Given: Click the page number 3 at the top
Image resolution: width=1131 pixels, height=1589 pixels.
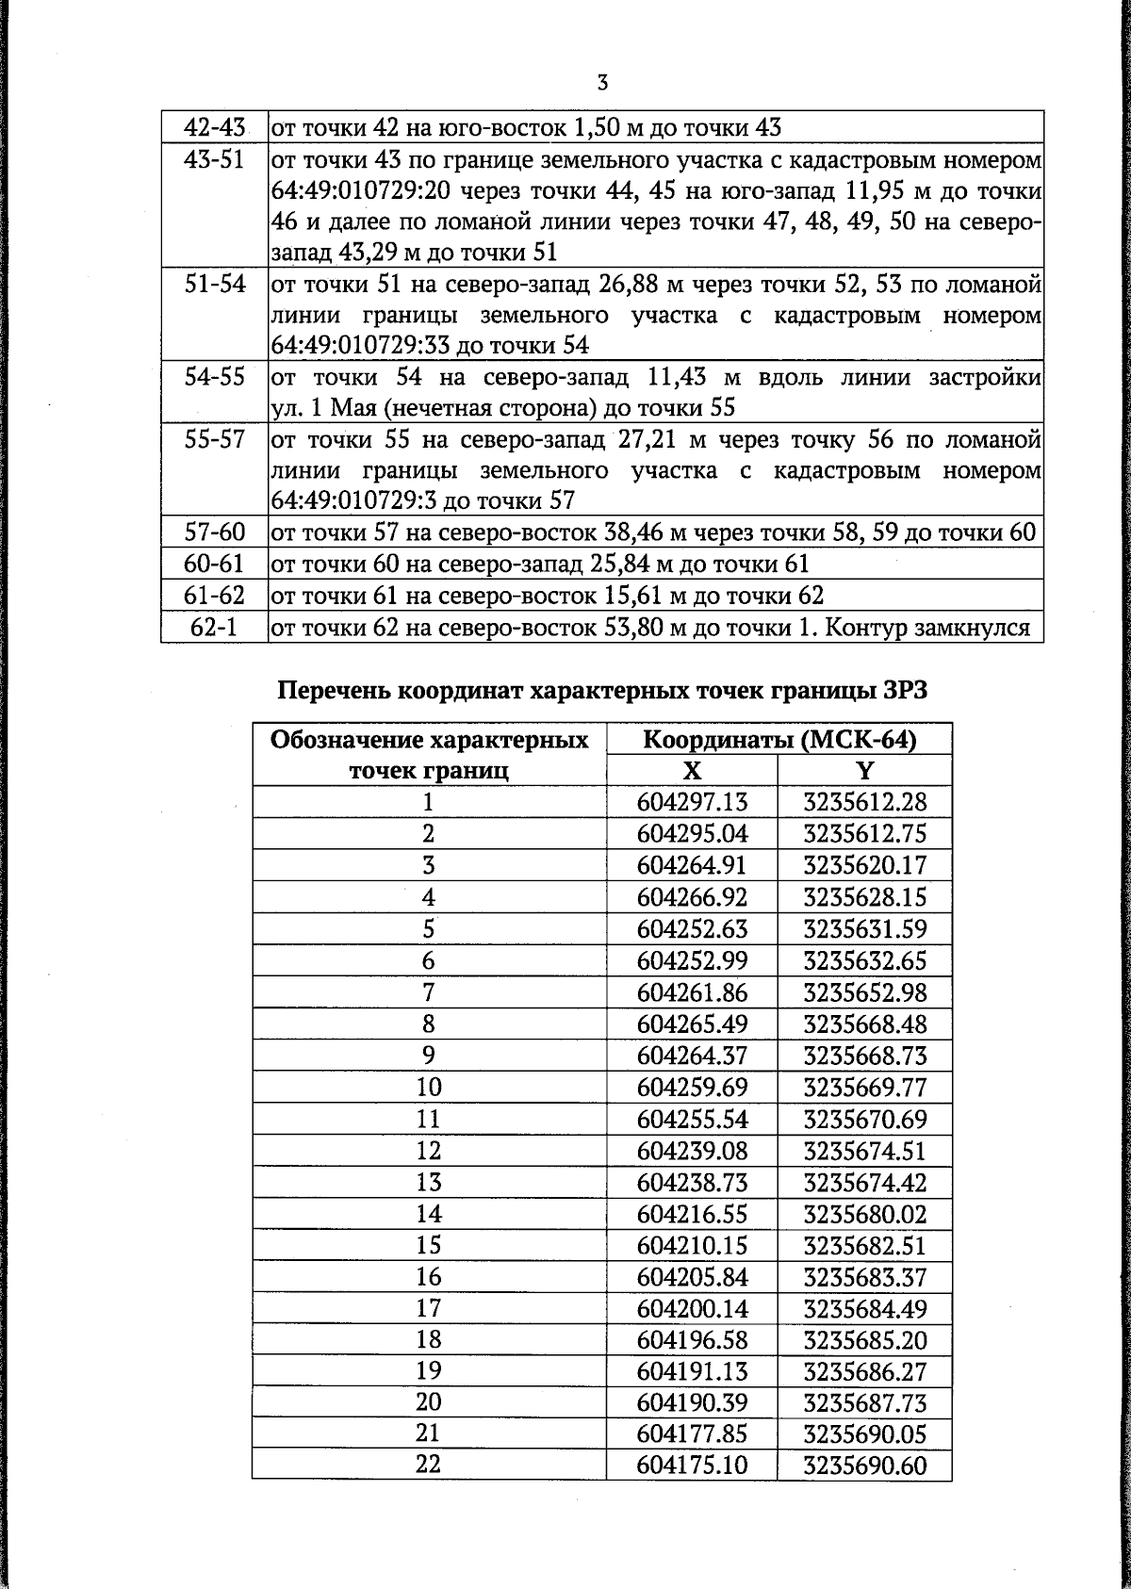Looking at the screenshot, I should click(x=602, y=83).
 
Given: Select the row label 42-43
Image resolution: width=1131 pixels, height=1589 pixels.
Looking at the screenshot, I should click(x=215, y=127).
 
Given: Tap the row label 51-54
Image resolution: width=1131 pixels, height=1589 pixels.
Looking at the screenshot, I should click(x=215, y=284).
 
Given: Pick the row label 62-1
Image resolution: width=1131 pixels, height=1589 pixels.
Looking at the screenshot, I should click(x=215, y=628).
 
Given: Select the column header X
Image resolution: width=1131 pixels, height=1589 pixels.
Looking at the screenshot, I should click(x=692, y=771).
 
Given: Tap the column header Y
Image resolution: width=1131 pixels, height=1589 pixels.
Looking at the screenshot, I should click(x=864, y=771).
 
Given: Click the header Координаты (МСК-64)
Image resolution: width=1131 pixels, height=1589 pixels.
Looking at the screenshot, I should click(x=779, y=740).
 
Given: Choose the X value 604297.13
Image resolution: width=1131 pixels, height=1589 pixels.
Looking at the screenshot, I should click(x=692, y=802).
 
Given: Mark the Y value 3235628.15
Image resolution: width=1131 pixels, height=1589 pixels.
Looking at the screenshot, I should click(x=864, y=896).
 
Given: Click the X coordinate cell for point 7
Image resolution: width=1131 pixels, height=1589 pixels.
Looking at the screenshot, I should click(x=692, y=991).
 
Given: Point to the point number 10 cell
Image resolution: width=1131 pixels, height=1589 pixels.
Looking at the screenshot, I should click(x=429, y=1087).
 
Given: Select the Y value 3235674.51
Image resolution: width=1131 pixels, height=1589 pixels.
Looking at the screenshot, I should click(x=864, y=1151).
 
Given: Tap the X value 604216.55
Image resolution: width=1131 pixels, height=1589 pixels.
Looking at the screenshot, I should click(x=692, y=1214).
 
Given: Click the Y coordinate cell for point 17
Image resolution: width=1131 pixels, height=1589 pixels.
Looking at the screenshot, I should click(x=864, y=1309).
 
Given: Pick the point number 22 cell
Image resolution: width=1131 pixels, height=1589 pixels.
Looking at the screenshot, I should click(x=429, y=1466).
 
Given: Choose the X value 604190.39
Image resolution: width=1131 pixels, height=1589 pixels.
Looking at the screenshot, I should click(x=692, y=1403).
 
